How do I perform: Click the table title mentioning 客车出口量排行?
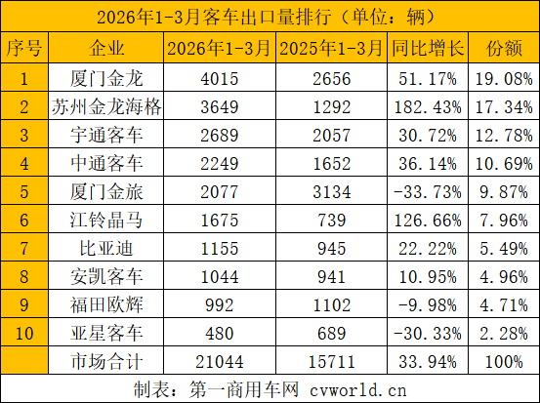(x=270, y=16)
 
